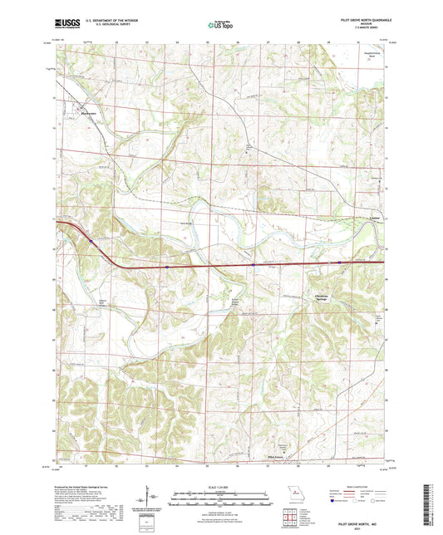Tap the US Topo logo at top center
(220, 27)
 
